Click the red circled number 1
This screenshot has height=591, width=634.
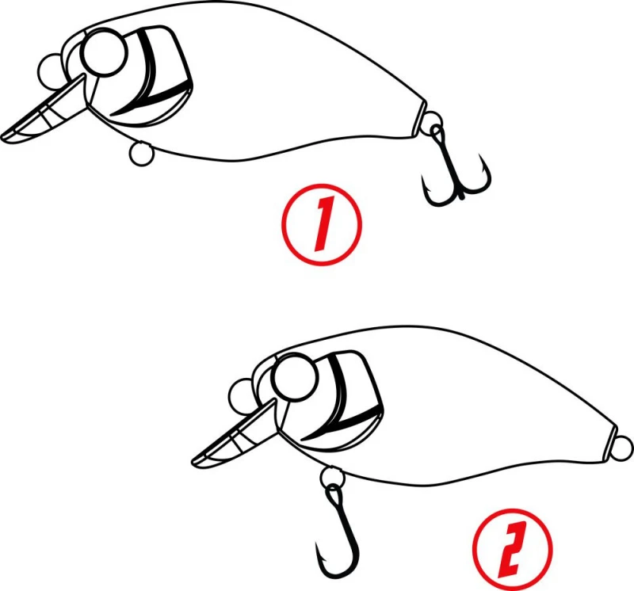pyautogui.click(x=322, y=225)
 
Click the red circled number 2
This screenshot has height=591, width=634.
pyautogui.click(x=512, y=548)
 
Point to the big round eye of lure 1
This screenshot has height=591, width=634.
pyautogui.click(x=105, y=52)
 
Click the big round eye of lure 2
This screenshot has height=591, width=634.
pyautogui.click(x=295, y=377)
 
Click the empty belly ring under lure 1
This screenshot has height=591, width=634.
pyautogui.click(x=141, y=154)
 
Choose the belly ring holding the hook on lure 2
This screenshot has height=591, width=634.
pyautogui.click(x=332, y=479)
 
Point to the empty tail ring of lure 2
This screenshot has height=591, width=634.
pyautogui.click(x=623, y=448)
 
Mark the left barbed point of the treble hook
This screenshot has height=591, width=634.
pyautogui.click(x=423, y=179)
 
